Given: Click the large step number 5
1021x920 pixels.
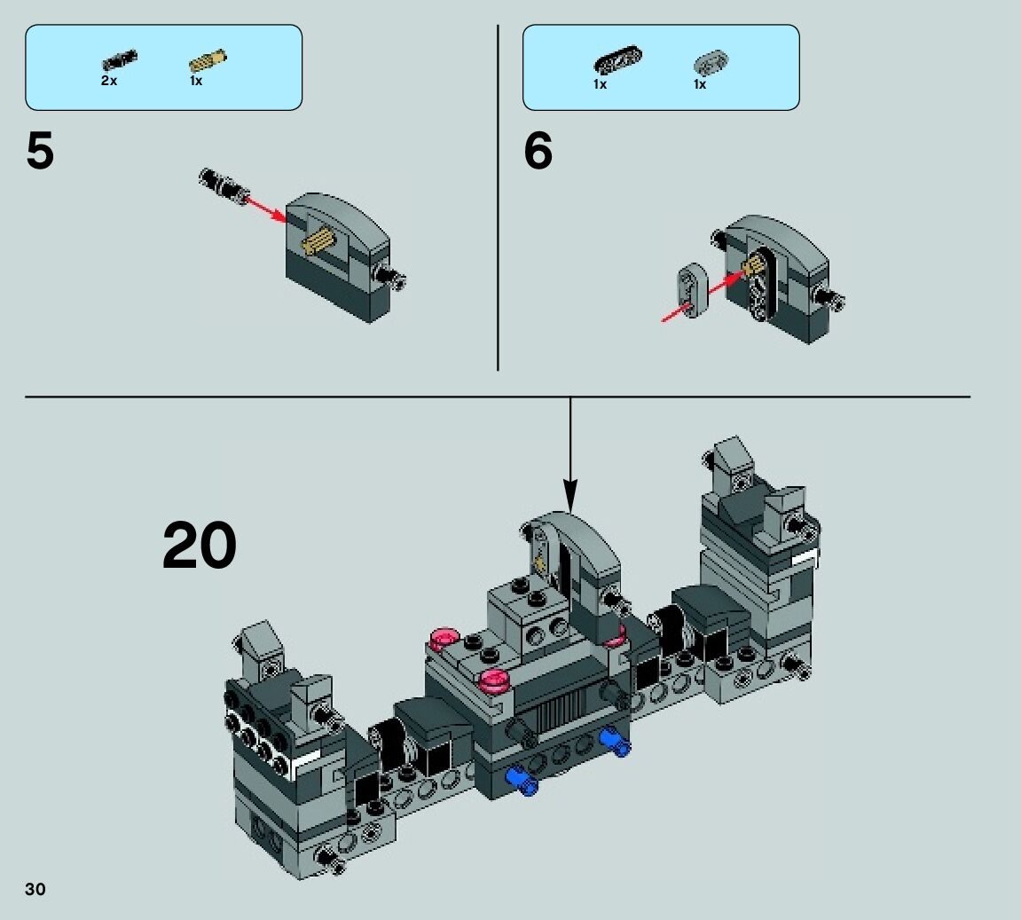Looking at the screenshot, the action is point(41,152).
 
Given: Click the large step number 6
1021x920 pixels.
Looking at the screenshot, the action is point(538,152).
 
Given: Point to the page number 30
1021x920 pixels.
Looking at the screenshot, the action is point(35,890).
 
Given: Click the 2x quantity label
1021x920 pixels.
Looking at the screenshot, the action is point(108,81).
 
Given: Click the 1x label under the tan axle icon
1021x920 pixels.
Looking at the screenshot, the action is point(196,81).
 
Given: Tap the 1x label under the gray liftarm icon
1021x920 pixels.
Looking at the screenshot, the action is point(700,84).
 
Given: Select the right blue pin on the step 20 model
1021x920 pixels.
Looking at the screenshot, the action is point(614,741).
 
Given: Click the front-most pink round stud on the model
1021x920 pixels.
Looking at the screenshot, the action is point(495,681).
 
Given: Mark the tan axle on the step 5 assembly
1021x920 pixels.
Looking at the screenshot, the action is point(319,240).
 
